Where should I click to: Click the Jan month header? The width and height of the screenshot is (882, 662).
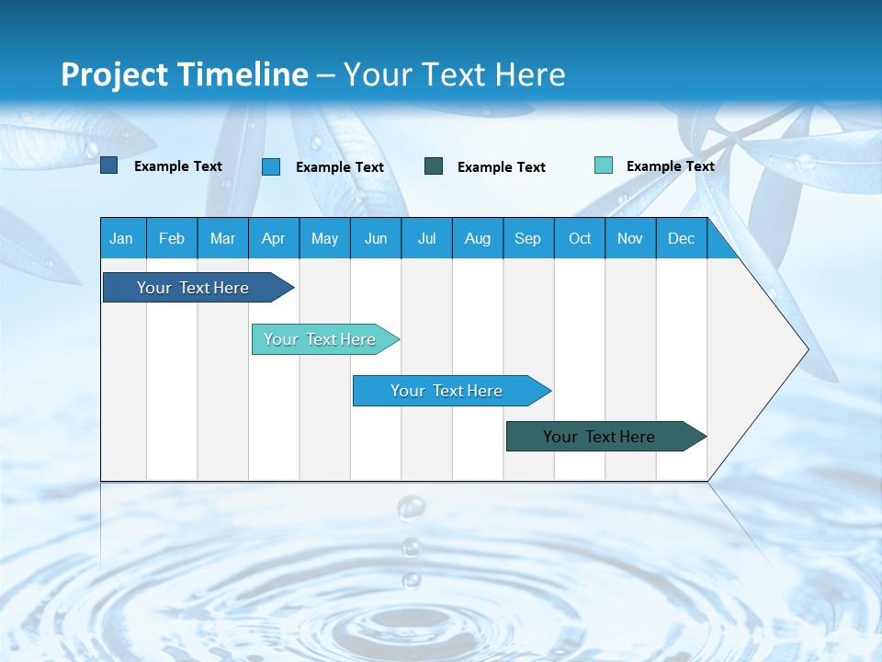(x=122, y=238)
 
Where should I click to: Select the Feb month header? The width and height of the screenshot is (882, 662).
(x=172, y=238)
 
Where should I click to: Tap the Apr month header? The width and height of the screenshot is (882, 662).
(x=274, y=238)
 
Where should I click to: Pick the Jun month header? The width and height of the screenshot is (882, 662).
(x=376, y=238)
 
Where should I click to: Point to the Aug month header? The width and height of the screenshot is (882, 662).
(x=478, y=238)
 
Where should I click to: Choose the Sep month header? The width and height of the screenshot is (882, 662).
(x=528, y=238)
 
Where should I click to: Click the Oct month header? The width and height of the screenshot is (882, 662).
(x=580, y=238)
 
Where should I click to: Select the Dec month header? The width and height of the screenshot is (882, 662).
(x=682, y=238)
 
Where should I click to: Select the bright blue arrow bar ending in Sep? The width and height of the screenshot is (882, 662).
(x=447, y=391)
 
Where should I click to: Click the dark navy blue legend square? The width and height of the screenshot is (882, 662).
(x=109, y=165)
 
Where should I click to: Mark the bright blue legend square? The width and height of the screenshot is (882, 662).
(x=271, y=166)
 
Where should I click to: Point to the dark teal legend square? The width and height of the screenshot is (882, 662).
(x=434, y=166)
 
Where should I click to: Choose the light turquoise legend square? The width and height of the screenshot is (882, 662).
(x=604, y=165)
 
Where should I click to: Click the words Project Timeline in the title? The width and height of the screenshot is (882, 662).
(x=184, y=74)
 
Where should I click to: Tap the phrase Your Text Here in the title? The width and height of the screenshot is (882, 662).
(x=455, y=74)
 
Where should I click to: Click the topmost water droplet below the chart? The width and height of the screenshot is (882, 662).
(x=411, y=507)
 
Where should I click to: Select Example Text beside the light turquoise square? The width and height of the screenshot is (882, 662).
(x=670, y=165)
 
